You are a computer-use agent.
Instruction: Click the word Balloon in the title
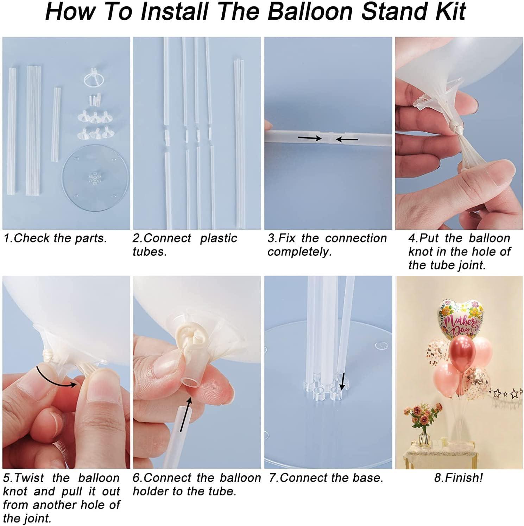pos(310,11)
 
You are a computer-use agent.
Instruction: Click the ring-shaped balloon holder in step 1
pos(94,77)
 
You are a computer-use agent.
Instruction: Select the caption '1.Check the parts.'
pos(55,238)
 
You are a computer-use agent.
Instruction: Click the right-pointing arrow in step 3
pos(309,138)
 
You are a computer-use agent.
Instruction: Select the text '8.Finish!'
pos(459,478)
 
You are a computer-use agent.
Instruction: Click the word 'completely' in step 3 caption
pos(299,252)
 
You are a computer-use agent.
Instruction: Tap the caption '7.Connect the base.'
pos(326,478)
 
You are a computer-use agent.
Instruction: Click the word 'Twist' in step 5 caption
pos(29,478)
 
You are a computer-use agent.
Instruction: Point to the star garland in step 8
pos(507,392)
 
